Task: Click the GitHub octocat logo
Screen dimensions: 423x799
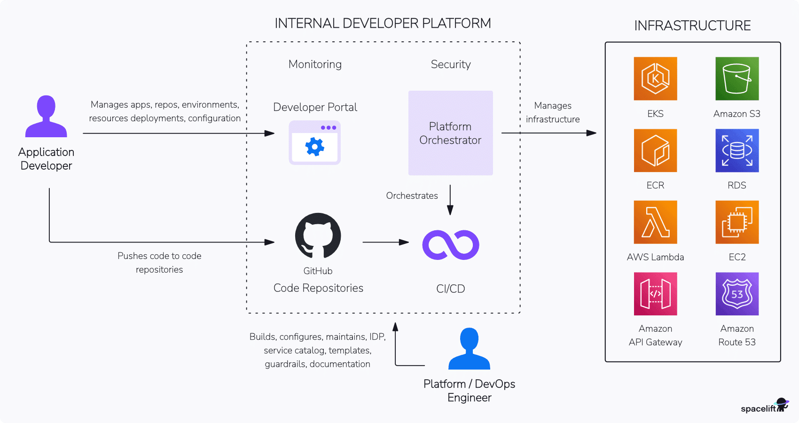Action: point(318,235)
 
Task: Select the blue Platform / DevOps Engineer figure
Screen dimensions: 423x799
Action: point(469,349)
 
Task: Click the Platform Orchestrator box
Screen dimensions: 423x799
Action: point(450,133)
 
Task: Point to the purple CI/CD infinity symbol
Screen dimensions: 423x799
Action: point(450,245)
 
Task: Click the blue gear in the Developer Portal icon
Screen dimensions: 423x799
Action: point(314,147)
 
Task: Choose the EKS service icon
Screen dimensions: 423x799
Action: point(655,78)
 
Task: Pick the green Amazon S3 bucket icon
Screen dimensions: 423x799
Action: point(737,78)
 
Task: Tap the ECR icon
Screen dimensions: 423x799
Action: point(655,150)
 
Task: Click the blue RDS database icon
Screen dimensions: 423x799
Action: point(737,150)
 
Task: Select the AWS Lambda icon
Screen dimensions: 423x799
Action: point(655,222)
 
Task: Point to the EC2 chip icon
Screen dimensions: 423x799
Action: point(737,222)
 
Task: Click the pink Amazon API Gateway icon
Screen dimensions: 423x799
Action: point(655,294)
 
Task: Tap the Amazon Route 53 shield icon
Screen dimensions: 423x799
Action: point(737,294)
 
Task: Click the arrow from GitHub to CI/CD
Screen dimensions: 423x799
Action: point(385,243)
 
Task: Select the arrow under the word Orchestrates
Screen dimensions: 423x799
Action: point(450,200)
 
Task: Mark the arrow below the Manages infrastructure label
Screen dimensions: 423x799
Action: point(548,133)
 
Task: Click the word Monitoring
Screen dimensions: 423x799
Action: point(315,64)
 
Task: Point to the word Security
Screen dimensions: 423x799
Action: point(451,64)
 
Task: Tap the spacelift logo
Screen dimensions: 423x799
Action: point(764,407)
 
